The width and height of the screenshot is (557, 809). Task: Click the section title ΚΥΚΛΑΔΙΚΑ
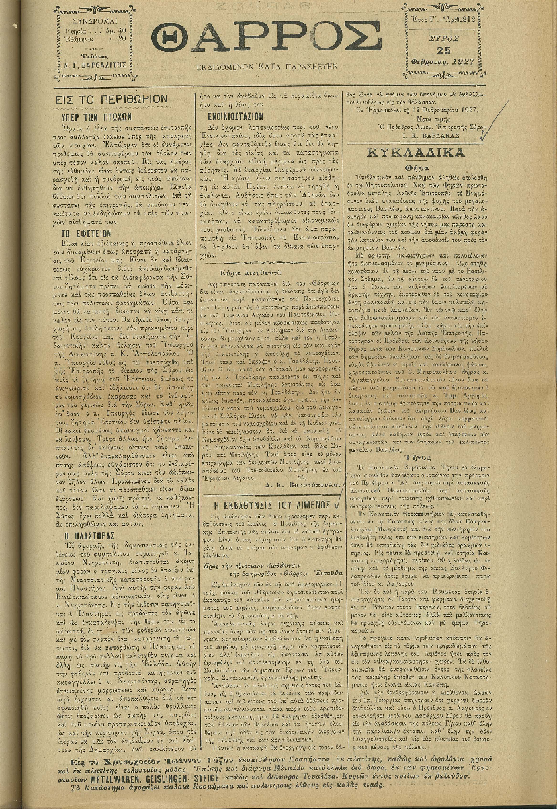tap(427, 151)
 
